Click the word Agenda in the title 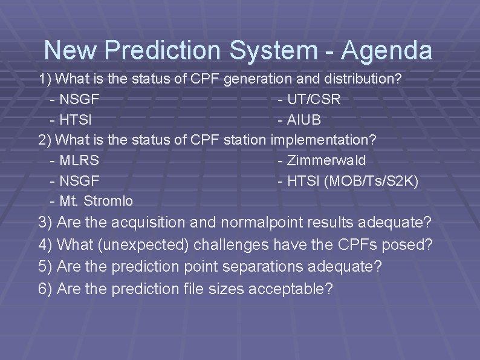click(x=387, y=50)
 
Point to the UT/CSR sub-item click(x=314, y=99)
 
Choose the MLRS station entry click(x=80, y=160)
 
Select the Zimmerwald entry click(x=326, y=160)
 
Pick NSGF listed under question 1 click(x=80, y=99)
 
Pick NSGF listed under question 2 click(x=80, y=180)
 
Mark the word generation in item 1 click(x=254, y=79)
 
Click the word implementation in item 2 click(x=323, y=140)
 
